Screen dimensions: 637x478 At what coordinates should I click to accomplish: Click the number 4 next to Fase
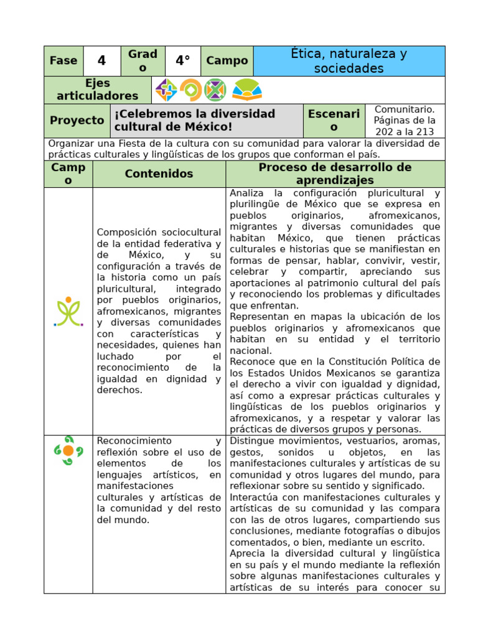click(x=102, y=61)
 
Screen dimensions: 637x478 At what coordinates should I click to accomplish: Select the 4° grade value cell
click(x=182, y=61)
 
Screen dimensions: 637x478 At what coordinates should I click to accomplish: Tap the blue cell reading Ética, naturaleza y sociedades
click(x=349, y=61)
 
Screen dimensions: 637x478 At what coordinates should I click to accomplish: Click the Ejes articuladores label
click(x=97, y=90)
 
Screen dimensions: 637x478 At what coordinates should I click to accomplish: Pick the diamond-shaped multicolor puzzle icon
click(x=166, y=90)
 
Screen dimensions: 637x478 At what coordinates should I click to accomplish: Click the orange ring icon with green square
click(x=190, y=90)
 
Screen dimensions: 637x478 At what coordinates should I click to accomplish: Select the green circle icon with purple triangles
click(x=215, y=90)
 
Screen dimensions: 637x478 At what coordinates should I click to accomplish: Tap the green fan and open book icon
click(x=247, y=90)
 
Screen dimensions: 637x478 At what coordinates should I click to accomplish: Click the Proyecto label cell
click(x=77, y=121)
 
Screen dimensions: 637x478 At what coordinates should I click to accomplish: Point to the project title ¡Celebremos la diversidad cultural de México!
click(x=194, y=121)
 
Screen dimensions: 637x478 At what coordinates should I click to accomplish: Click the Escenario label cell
click(x=334, y=121)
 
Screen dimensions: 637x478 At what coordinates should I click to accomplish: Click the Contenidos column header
click(x=159, y=174)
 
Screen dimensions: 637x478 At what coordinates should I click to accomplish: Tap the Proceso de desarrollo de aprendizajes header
click(x=335, y=174)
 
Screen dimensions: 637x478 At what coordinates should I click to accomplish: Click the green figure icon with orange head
click(x=68, y=312)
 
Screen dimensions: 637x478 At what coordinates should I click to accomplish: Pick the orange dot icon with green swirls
click(x=68, y=450)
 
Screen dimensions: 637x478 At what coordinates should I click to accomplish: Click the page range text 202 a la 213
click(x=405, y=132)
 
